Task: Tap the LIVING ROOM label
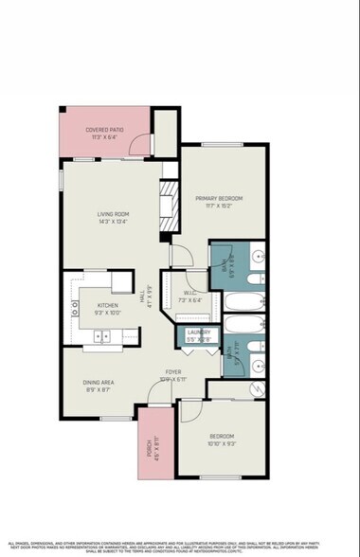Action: point(113,214)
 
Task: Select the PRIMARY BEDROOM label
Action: point(219,198)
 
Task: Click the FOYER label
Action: point(173,371)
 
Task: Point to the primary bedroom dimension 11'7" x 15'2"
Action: point(219,207)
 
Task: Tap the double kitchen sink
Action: point(101,334)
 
